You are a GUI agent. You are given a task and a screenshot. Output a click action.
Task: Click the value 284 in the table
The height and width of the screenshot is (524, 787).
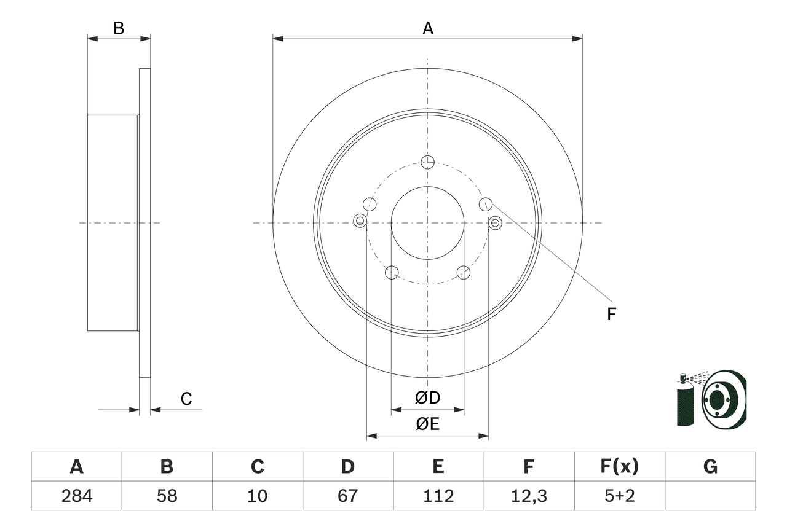tap(76, 496)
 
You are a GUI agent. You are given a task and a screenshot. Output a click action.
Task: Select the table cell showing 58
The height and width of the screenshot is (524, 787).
tap(167, 496)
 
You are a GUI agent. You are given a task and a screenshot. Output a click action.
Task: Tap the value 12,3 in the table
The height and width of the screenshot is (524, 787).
tap(528, 496)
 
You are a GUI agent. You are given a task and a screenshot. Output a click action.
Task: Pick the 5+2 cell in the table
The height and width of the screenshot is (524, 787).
tap(619, 496)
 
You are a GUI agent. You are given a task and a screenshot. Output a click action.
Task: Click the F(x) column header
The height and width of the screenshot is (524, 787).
tap(619, 467)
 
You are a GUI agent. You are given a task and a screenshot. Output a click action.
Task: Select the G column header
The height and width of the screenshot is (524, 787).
tap(710, 467)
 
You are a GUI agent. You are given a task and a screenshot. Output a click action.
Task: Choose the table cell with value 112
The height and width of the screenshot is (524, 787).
tap(438, 496)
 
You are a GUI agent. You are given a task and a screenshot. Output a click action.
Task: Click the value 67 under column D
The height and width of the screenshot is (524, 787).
tap(347, 496)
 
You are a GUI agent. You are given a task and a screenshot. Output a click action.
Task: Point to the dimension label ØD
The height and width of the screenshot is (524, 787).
tap(428, 398)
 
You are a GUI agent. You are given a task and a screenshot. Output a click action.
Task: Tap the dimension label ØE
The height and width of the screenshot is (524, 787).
tap(428, 424)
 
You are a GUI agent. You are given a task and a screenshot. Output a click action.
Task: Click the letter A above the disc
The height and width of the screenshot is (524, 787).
tap(428, 28)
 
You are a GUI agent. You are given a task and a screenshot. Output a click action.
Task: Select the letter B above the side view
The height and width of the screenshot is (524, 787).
tap(119, 28)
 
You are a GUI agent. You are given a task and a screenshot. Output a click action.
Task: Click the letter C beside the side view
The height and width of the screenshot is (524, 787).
tap(186, 399)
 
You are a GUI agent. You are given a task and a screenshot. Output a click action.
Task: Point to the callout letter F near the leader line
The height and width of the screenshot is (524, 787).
tap(611, 315)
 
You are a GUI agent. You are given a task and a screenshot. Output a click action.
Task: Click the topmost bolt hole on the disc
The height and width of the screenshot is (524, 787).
tap(428, 162)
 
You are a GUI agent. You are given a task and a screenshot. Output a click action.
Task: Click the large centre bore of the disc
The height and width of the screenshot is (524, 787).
tap(428, 222)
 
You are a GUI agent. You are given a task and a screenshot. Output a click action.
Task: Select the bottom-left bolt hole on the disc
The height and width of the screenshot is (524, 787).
tap(392, 272)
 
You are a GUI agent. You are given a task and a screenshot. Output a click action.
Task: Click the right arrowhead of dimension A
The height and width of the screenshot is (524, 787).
tap(577, 39)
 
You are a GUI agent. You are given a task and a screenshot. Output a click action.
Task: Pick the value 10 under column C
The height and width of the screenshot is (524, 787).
tap(257, 496)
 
